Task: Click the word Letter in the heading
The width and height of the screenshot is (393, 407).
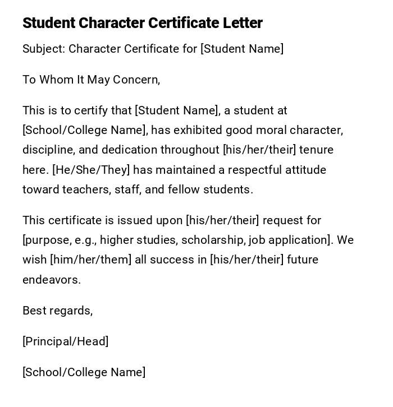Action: (242, 23)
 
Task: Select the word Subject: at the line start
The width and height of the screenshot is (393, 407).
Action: (44, 49)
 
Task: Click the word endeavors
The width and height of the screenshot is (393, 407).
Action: (52, 280)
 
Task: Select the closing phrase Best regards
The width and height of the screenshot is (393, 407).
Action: (57, 311)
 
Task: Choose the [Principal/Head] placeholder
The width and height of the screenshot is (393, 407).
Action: (66, 341)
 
